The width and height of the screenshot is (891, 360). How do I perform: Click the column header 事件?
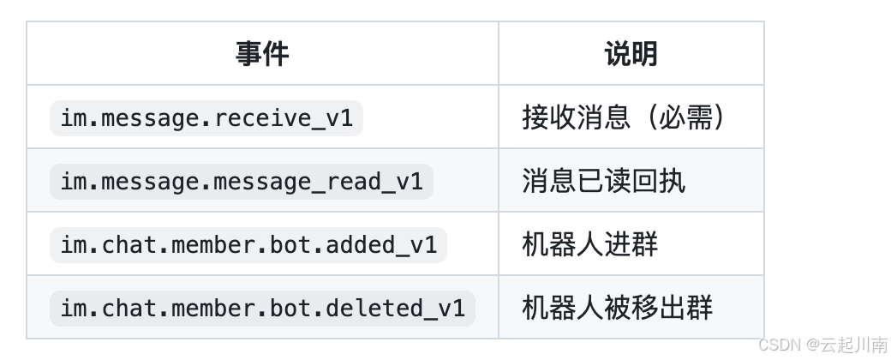(x=262, y=54)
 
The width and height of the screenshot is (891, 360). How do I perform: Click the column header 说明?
(x=631, y=54)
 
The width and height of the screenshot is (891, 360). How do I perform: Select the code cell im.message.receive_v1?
(x=206, y=118)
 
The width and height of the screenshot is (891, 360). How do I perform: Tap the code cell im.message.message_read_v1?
(x=242, y=182)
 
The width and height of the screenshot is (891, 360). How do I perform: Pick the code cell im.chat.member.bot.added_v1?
(x=248, y=245)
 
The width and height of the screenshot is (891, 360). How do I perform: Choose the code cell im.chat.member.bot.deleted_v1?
(x=262, y=309)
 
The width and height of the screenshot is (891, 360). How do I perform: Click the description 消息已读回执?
(x=603, y=182)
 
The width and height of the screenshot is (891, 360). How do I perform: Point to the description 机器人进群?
(x=589, y=245)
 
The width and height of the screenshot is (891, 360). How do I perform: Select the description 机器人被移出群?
(x=617, y=309)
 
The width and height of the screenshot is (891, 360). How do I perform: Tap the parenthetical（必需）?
(x=685, y=118)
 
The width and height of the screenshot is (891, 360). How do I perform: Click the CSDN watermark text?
(x=778, y=345)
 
